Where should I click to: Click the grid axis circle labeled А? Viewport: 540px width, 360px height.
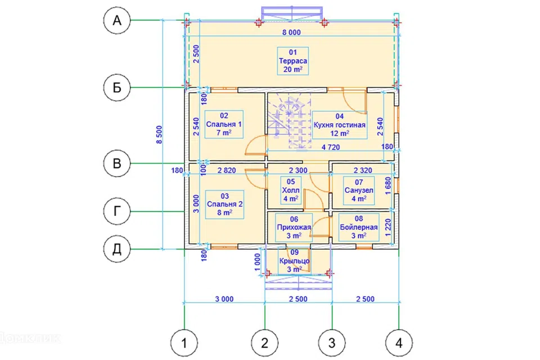click(117, 20)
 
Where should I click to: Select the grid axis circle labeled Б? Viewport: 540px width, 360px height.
click(117, 88)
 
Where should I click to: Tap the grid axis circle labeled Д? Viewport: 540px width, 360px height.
click(117, 249)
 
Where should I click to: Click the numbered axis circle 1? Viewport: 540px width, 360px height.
click(184, 343)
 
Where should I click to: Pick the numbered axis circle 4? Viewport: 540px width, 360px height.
click(399, 343)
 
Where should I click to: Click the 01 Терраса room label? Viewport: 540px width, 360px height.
click(292, 61)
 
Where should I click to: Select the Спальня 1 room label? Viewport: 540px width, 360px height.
click(224, 124)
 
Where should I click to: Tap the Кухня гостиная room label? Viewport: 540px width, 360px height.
click(340, 125)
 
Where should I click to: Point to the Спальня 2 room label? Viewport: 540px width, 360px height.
click(224, 204)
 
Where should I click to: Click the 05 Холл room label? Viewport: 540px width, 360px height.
click(291, 190)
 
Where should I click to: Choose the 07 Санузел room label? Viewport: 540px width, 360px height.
click(359, 191)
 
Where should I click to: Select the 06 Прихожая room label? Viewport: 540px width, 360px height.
click(294, 227)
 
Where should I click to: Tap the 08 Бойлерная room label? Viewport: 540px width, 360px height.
click(359, 227)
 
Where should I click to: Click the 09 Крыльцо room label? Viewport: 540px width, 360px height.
click(294, 261)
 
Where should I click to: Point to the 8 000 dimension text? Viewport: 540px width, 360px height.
click(291, 33)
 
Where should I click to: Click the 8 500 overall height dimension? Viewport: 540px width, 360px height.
click(159, 134)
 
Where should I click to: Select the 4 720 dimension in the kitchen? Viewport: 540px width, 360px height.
click(331, 147)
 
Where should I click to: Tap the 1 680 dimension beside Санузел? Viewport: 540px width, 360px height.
click(388, 186)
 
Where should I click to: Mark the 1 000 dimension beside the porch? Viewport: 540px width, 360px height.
click(258, 263)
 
